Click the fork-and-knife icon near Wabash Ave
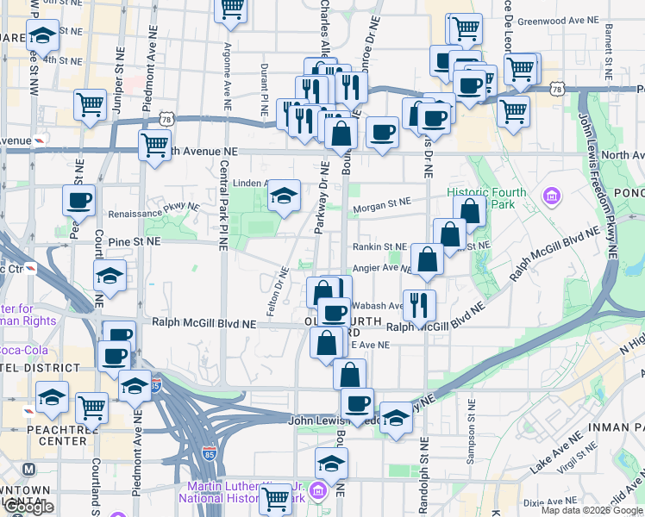(x=419, y=304)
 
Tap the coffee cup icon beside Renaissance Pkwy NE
(x=78, y=201)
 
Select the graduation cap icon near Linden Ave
(x=283, y=196)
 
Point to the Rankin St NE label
(x=377, y=246)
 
